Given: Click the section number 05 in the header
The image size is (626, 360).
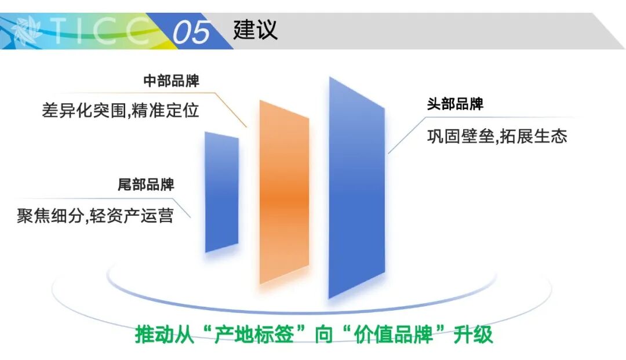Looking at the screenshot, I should pyautogui.click(x=191, y=31).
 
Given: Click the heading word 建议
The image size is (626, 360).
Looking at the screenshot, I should pyautogui.click(x=255, y=30).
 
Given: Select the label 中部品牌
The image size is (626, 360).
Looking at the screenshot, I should pyautogui.click(x=172, y=81).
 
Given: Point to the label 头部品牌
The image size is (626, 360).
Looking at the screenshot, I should pyautogui.click(x=455, y=105).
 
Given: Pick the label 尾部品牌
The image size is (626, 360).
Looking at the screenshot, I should pyautogui.click(x=146, y=186).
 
